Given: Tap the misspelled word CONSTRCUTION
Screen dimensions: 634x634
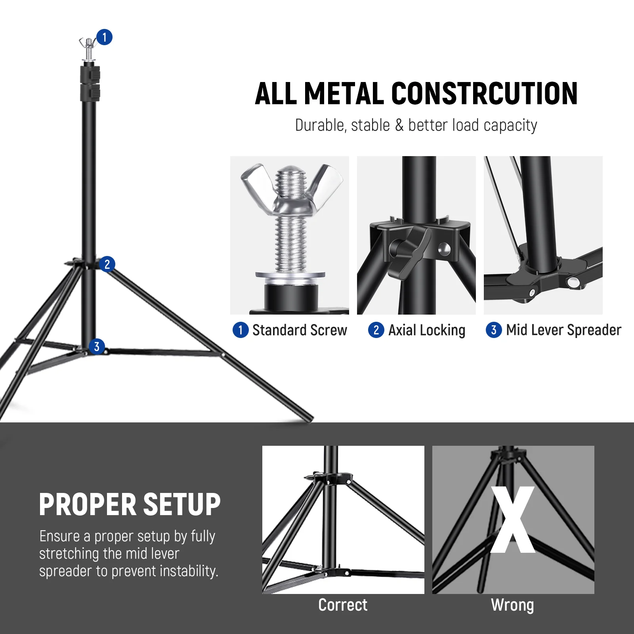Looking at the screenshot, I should [484, 94].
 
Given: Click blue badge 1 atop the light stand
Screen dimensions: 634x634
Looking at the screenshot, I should [104, 37].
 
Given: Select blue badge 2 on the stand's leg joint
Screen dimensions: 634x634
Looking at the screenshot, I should [107, 264].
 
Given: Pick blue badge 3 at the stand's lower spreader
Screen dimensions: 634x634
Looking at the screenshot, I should [97, 346].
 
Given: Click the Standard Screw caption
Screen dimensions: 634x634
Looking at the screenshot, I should [299, 330].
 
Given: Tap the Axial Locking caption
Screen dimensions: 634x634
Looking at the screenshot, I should [426, 330].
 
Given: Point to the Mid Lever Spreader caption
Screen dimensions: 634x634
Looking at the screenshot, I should [563, 330].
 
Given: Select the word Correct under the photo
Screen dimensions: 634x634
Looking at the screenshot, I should [343, 605].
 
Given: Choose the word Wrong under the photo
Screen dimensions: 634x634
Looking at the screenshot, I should [512, 605].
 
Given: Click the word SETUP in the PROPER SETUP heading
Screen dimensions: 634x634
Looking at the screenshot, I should [181, 505].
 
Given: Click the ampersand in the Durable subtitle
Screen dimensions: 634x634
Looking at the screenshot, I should [399, 125].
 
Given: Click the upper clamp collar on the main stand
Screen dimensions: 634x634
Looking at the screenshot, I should [90, 74].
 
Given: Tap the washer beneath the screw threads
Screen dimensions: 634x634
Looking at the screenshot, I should [290, 275].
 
